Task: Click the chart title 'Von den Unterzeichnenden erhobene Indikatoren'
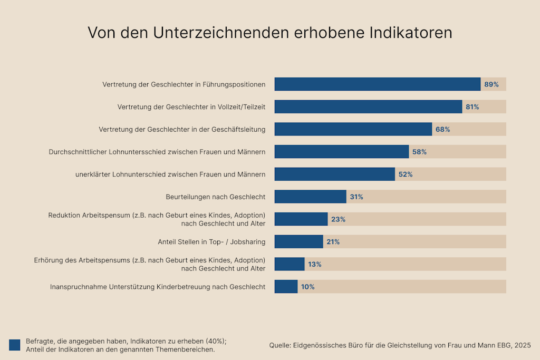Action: click(269, 33)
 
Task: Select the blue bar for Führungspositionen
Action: click(377, 84)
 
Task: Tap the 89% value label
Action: click(491, 84)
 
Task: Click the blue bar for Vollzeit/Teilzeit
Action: click(368, 106)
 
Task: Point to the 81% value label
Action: click(472, 107)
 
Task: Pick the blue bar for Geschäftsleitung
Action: click(353, 129)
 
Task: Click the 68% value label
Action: click(442, 129)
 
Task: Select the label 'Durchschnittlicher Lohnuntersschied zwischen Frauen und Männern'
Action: click(157, 152)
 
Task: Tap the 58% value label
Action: click(419, 152)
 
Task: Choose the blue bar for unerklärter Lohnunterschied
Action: click(334, 174)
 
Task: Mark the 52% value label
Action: click(405, 174)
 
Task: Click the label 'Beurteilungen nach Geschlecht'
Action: click(215, 197)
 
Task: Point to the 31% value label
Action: click(356, 197)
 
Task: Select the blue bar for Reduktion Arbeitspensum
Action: click(301, 219)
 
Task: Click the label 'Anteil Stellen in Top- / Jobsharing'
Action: click(211, 242)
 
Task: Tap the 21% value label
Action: click(333, 242)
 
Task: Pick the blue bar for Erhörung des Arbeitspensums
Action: click(290, 264)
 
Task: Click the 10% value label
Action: click(307, 287)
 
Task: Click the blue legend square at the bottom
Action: click(15, 345)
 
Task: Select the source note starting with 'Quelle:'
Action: click(400, 345)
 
